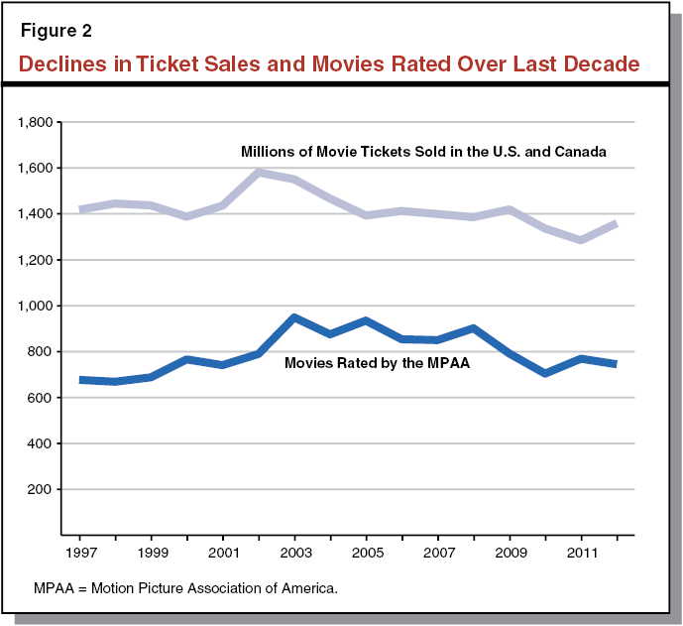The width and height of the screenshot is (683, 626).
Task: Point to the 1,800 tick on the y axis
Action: pos(39,122)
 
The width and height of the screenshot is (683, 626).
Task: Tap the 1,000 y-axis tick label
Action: pos(39,306)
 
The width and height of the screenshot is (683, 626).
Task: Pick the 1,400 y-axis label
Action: pos(39,214)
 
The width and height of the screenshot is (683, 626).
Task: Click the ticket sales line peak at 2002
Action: pos(260,173)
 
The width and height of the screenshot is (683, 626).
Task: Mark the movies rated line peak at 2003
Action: pos(295,318)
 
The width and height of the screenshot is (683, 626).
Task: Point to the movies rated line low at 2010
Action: pos(544,373)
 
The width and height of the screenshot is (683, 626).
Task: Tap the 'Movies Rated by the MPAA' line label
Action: pos(377,363)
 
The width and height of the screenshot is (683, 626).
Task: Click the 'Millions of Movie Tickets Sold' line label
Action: pos(423,152)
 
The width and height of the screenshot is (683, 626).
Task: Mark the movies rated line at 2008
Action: pos(474,328)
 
